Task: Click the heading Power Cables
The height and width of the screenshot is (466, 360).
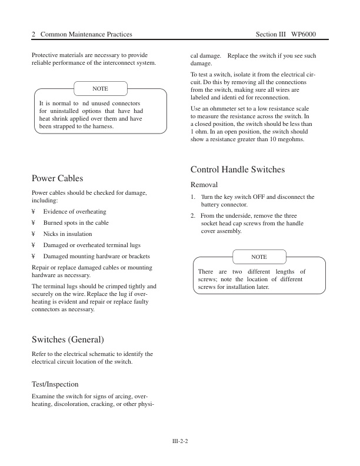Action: pyautogui.click(x=57, y=178)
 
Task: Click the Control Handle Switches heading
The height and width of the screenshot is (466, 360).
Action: pyautogui.click(x=238, y=169)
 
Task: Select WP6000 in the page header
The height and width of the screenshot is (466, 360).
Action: pyautogui.click(x=304, y=35)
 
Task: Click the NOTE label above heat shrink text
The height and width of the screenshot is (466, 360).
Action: pyautogui.click(x=100, y=89)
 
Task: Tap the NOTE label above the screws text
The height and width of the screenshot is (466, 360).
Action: pyautogui.click(x=259, y=257)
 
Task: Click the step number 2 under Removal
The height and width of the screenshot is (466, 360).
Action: pyautogui.click(x=193, y=216)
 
